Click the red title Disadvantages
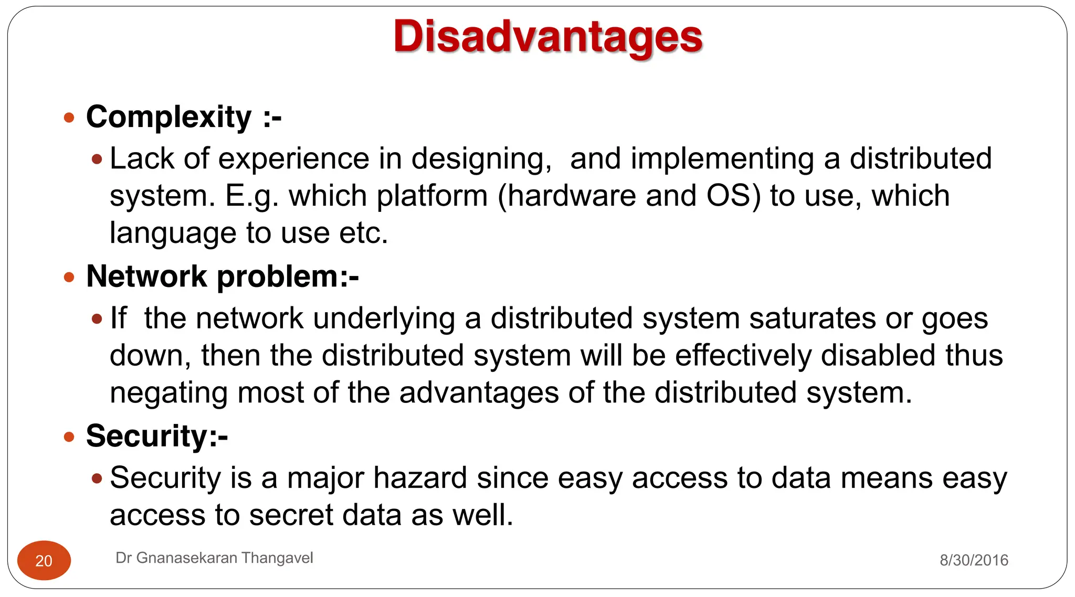pos(547,37)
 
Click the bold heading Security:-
pos(156,436)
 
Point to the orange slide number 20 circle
pos(44,560)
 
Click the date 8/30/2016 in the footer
pos(974,560)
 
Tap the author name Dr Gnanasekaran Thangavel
pos(214,558)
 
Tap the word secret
pos(291,515)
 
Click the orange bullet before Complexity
pos(69,118)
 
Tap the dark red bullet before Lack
pos(97,159)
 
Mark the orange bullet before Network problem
pos(69,277)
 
